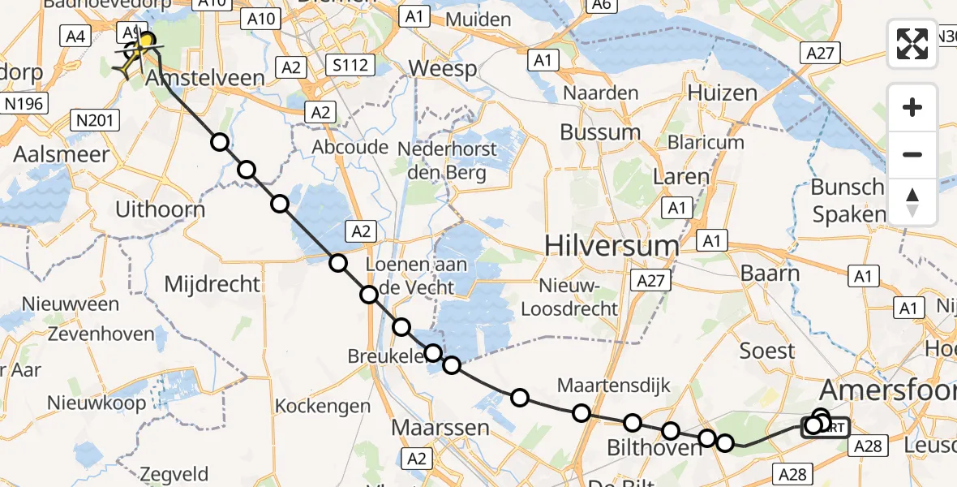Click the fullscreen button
[912, 44]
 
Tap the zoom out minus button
[912, 154]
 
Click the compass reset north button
[912, 202]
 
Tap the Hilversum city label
[612, 245]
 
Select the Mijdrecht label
[212, 284]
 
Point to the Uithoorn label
[160, 209]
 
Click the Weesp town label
[443, 68]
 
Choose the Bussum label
[600, 132]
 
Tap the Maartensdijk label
[614, 385]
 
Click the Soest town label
[767, 351]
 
